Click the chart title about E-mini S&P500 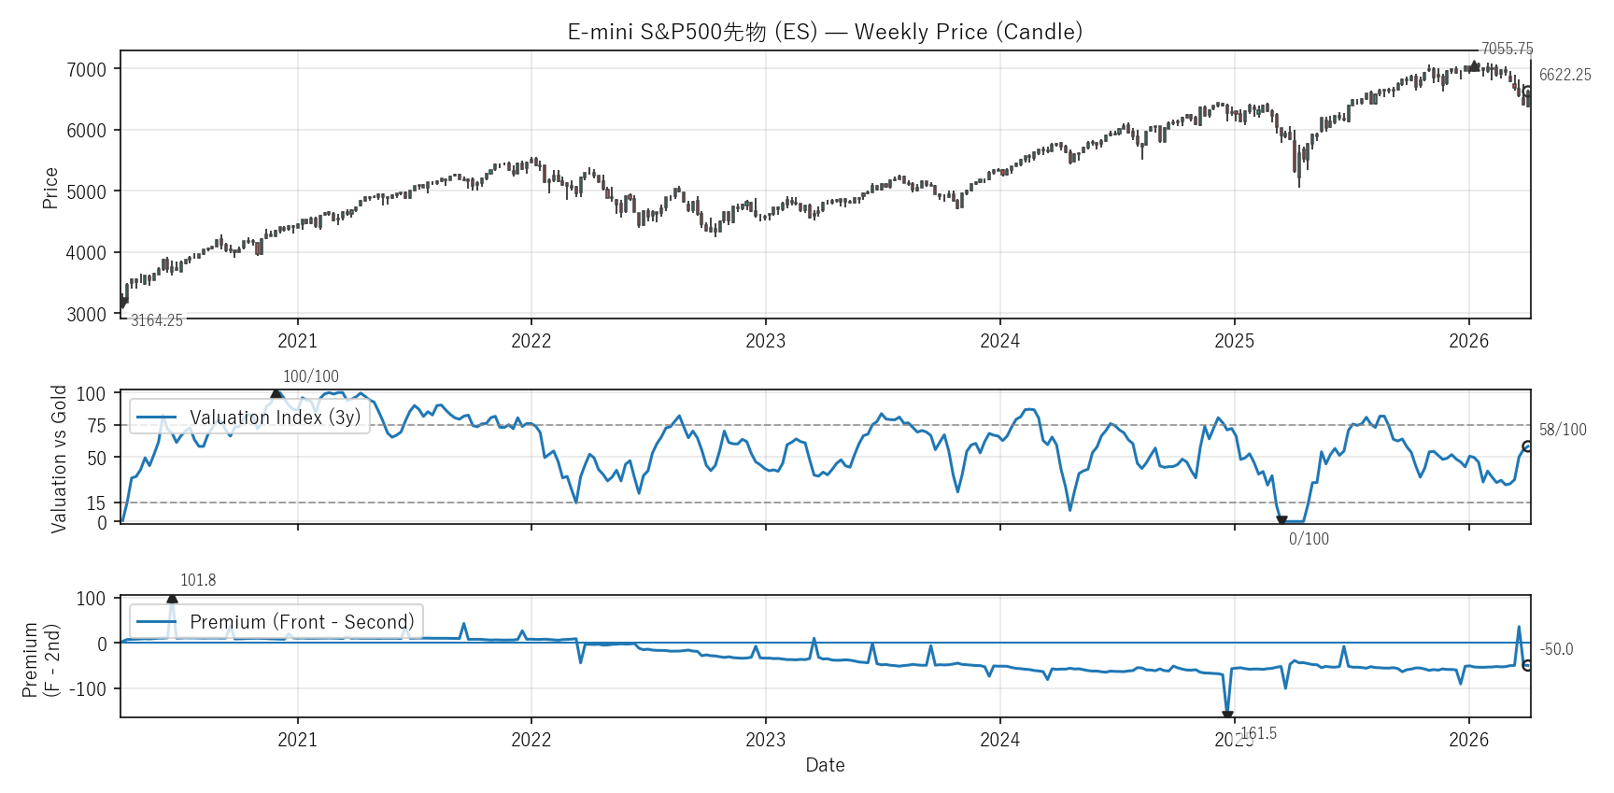coord(825,32)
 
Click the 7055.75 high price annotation coord(1507,49)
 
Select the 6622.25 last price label coord(1564,75)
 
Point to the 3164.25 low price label coord(157,320)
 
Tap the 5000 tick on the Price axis coord(86,191)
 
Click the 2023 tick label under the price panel coord(765,341)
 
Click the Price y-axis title coord(50,188)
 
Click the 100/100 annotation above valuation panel coord(310,376)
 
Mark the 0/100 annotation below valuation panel coord(1308,539)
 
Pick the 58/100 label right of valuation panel coord(1563,430)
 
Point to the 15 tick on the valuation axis coord(96,503)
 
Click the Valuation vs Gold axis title coord(59,459)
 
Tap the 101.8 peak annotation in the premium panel coord(198,580)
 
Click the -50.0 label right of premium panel coord(1556,649)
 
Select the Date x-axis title coord(825,765)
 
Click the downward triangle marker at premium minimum coord(1227,715)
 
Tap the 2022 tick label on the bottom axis coord(531,740)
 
